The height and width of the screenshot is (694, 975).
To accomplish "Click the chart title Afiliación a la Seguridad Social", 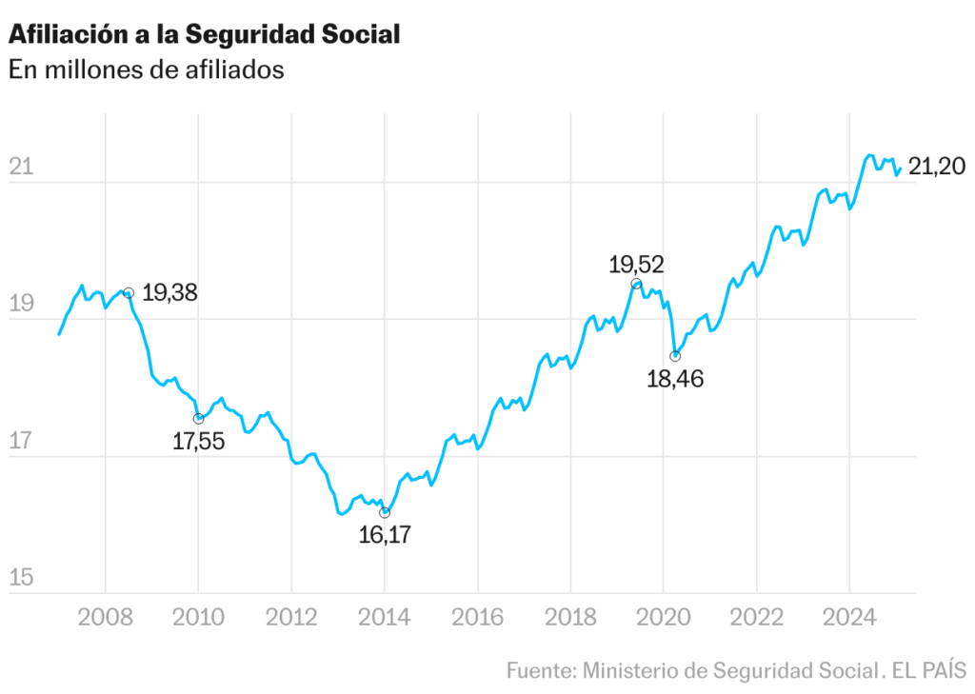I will pos(204,34).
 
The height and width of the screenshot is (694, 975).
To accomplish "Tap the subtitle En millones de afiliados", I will pos(147,69).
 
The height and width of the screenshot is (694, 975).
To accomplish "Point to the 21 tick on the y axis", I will pos(21,168).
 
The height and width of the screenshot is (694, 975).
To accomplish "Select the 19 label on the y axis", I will pos(21,305).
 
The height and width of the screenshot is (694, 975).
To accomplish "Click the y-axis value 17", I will pos(21,442).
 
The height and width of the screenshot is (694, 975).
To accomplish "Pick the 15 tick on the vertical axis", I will pos(21,578).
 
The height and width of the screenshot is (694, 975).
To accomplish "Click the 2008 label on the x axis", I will pos(105,619).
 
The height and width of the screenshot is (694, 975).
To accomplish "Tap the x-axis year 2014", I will pos(385,619).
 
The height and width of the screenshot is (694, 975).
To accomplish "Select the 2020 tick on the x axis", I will pos(664,619).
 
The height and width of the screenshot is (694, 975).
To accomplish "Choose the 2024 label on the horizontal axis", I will pos(850,619).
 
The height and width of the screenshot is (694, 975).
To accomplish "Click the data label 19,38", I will pos(169,293).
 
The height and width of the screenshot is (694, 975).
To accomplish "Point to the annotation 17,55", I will pos(198,442).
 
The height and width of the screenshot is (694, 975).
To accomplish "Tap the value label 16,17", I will pos(385,535).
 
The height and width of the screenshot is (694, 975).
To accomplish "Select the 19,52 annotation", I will pos(636,264).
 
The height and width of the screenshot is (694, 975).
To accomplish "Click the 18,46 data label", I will pos(675,381).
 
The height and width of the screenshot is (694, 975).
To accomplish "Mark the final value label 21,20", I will pos(937,168).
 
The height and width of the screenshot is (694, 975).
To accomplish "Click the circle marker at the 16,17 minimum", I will pos(385,512).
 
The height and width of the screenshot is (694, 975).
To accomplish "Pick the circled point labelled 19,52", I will pos(636,284).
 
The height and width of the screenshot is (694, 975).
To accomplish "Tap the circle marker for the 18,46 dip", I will pos(675,356).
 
